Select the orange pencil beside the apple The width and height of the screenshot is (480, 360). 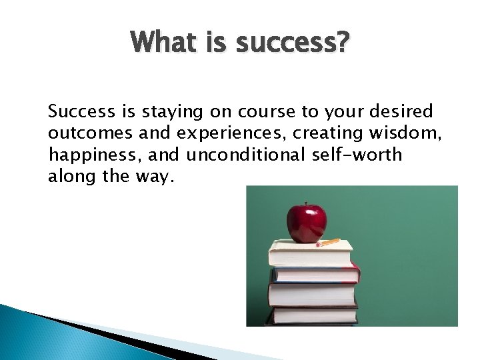click(x=328, y=242)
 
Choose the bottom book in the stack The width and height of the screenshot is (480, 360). click(x=313, y=315)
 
